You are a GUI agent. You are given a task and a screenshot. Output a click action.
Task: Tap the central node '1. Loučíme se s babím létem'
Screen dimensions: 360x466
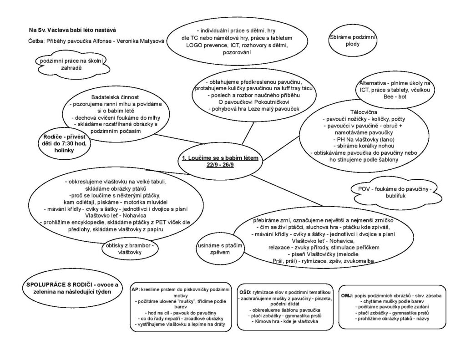tap(220, 158)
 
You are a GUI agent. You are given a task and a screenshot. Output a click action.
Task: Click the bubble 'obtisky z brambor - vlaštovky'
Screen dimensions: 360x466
tap(130, 248)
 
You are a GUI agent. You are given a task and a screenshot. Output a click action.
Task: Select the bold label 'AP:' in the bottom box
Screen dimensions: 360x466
tap(136, 289)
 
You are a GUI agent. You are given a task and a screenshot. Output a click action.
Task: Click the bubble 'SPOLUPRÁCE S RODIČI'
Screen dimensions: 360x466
tap(71, 288)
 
